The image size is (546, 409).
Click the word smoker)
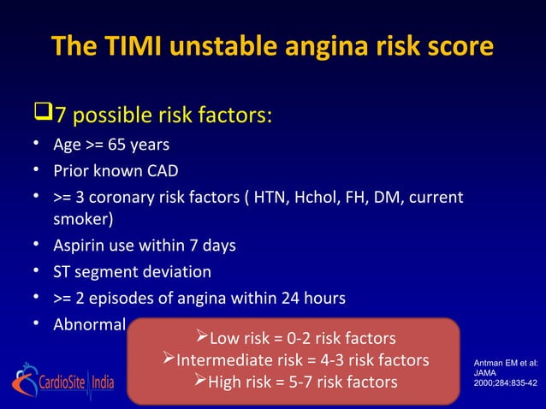(83, 219)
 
